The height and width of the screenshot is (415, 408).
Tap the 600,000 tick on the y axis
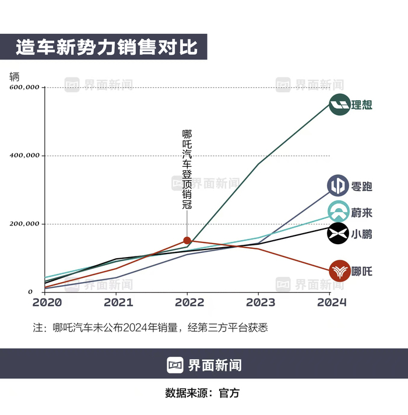[24, 87]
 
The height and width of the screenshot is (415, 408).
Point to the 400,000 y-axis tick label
[24, 156]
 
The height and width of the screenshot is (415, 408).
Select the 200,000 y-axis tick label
[24, 224]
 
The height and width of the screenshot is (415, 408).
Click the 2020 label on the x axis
[47, 303]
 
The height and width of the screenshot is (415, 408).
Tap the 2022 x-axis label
[188, 303]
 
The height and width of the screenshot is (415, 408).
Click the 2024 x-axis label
[332, 303]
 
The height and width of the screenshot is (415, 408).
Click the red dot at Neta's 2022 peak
[187, 240]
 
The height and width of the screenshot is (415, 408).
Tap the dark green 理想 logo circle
[339, 105]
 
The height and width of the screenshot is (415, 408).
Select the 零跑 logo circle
[338, 186]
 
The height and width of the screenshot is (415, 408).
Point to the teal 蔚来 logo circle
[338, 212]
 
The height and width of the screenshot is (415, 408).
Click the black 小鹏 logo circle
[338, 234]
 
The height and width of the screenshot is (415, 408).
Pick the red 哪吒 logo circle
[339, 271]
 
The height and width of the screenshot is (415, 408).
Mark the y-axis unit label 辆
[14, 76]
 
